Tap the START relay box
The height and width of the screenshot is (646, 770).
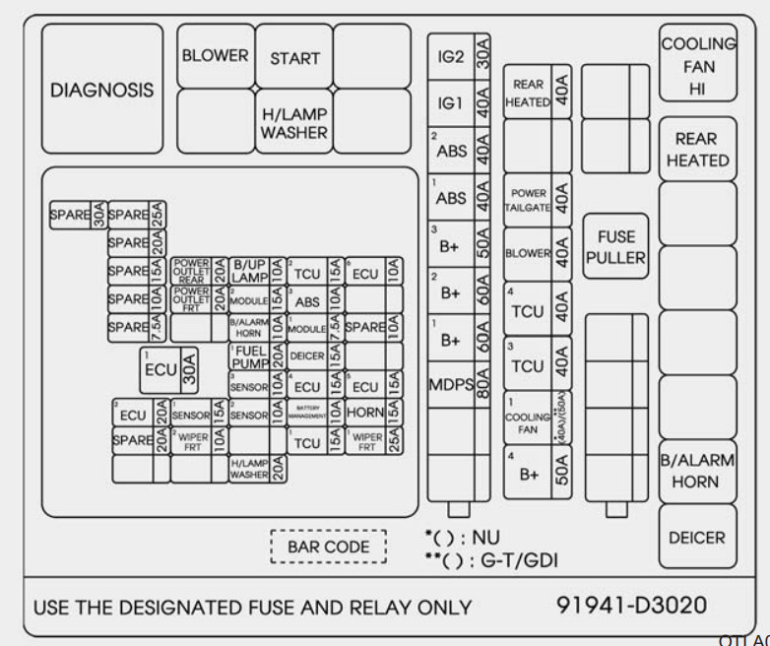coord(293,57)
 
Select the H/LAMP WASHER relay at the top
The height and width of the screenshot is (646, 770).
coord(293,122)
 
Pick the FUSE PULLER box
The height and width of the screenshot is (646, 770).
coord(614,247)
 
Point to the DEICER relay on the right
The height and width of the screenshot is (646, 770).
coord(698,539)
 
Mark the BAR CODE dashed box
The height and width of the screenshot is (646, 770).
coord(329,547)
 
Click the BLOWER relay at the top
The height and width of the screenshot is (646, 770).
coord(216,56)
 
